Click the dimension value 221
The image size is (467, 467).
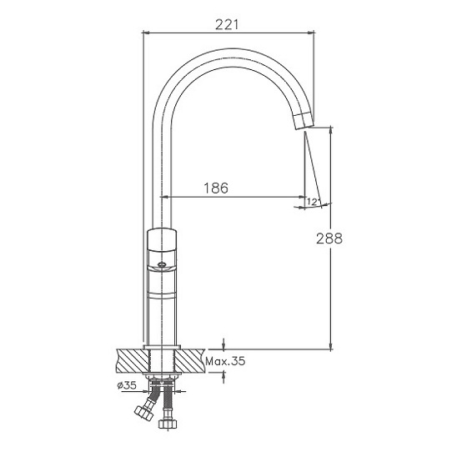pyautogui.click(x=227, y=24)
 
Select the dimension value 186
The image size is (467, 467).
pyautogui.click(x=216, y=188)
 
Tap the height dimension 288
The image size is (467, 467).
pyautogui.click(x=329, y=239)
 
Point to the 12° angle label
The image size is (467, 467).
pyautogui.click(x=312, y=202)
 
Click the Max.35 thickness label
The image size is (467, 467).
pyautogui.click(x=225, y=361)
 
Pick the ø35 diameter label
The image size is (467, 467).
pyautogui.click(x=127, y=385)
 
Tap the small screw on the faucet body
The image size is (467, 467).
pyautogui.click(x=162, y=264)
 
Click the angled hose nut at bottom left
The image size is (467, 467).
pyautogui.click(x=143, y=414)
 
